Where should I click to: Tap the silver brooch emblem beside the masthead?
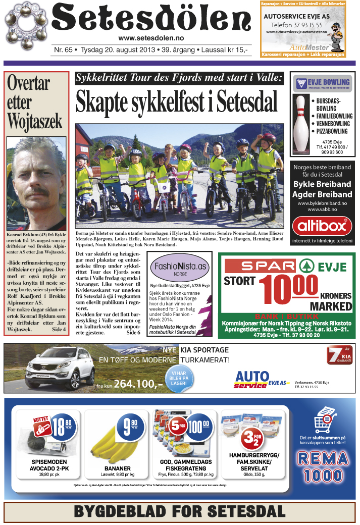coord(26,24)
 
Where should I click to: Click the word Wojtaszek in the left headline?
coord(35,121)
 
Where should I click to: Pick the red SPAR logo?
coord(260,266)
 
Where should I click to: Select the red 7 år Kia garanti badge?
coord(339,356)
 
